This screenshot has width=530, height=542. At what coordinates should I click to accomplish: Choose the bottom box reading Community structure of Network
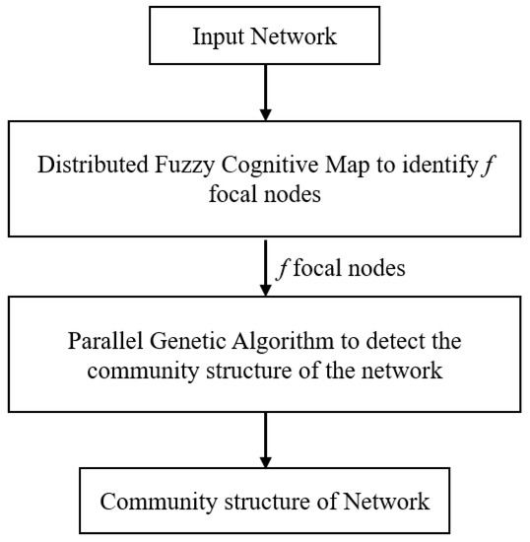(264, 501)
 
